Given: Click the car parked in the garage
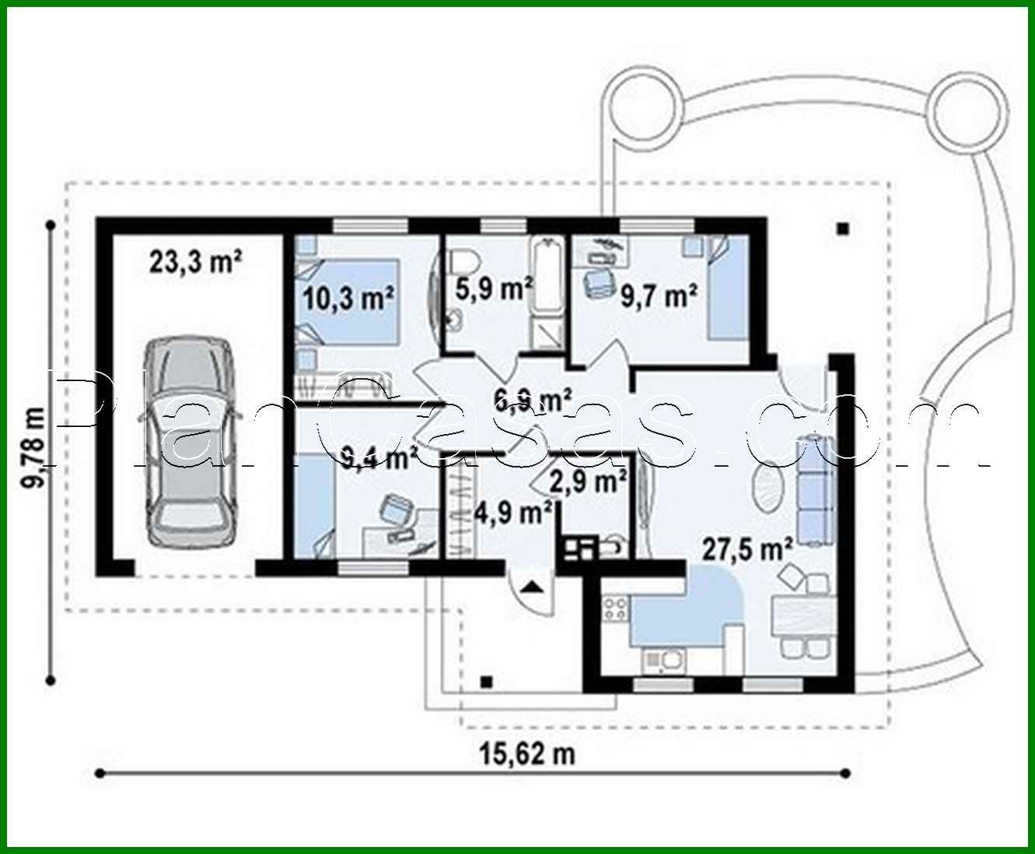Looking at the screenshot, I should coord(189,441).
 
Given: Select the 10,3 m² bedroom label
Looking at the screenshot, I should coord(349,298).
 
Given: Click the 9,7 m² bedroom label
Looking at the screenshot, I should coord(658,296).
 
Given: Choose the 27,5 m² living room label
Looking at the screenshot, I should coord(747,548).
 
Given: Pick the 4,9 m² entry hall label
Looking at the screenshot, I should coord(514,513).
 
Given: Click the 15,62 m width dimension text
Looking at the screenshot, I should coord(526,753).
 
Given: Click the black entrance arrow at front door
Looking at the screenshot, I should coord(532,586).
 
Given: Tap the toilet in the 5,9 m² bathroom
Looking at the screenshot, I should coord(463,261).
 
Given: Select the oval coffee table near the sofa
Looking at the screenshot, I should coord(769,487).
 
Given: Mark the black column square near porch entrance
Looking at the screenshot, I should coord(487,682).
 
